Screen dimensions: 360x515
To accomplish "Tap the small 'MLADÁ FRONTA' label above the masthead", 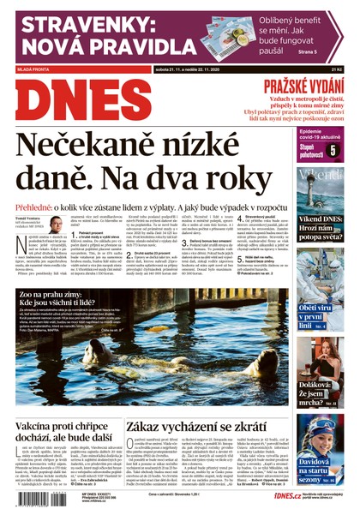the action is [x=31, y=68].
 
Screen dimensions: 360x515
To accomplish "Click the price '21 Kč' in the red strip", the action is [x=336, y=68].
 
